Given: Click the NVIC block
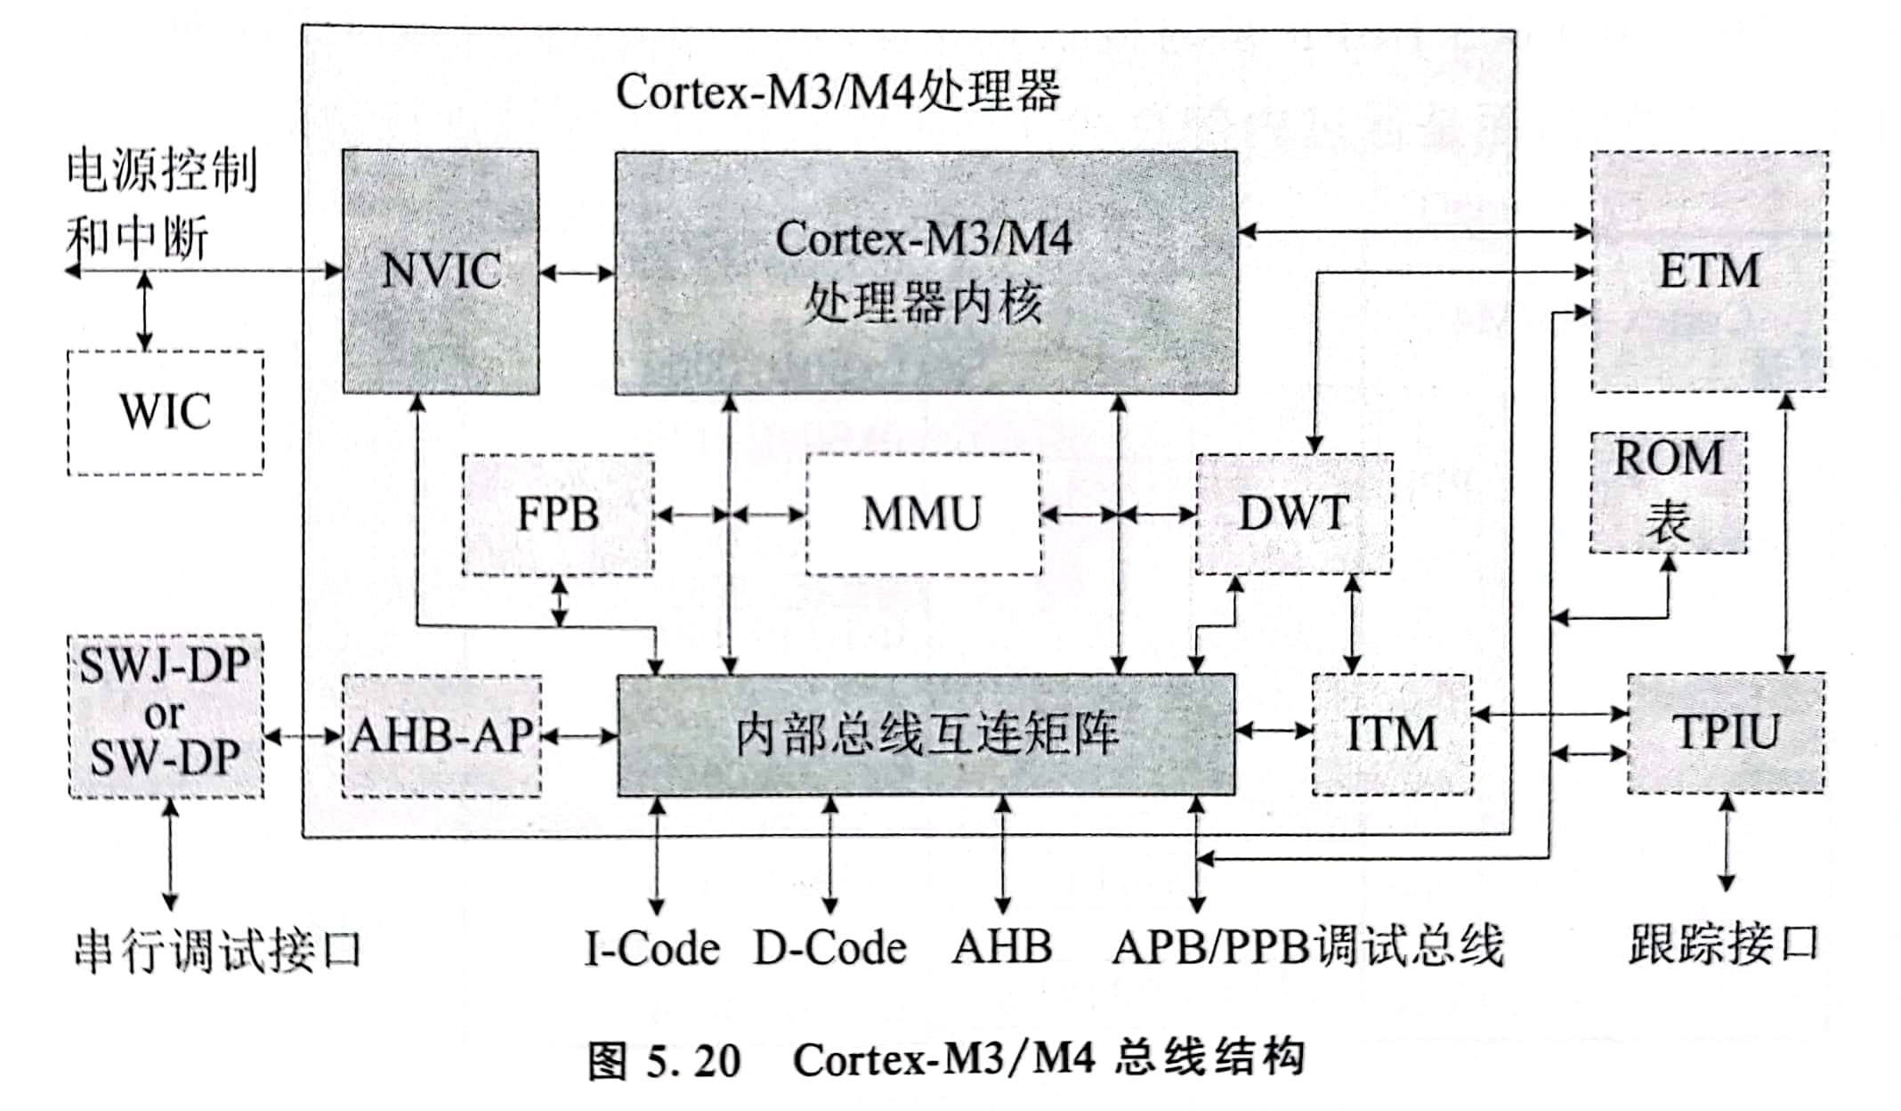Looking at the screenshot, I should point(441,272).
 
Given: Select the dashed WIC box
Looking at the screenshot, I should point(166,412).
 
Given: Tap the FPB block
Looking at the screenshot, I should point(558,515).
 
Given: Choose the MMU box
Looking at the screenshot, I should point(923,515).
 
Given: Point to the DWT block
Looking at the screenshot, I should point(1294,515).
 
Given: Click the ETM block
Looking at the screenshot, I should point(1709,272).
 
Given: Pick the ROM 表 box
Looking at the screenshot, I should point(1668,492).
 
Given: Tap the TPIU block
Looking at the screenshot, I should point(1726,733).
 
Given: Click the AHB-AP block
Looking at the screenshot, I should point(441,735).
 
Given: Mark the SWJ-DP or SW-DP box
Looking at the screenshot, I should point(166,716).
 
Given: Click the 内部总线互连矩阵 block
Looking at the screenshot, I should point(926,734).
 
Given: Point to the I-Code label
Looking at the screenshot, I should point(652,949).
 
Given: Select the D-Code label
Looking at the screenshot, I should point(830,949).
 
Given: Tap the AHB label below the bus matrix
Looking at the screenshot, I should point(1002,947).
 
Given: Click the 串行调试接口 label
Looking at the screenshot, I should point(217,951).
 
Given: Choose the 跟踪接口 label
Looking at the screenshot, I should point(1724,945).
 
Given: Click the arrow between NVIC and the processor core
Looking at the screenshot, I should point(577,272).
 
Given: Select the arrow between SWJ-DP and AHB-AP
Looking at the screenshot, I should point(303,736).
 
